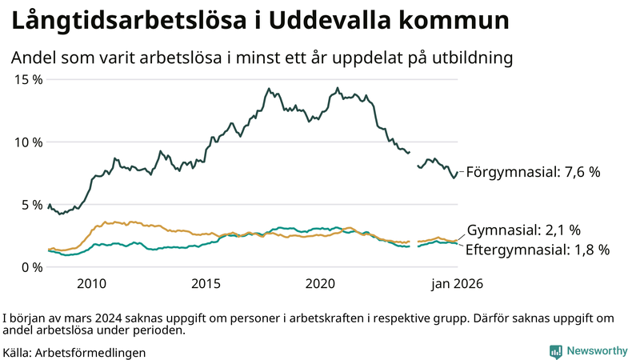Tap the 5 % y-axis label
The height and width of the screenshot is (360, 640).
click(31, 204)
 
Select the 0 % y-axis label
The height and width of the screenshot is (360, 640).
click(31, 266)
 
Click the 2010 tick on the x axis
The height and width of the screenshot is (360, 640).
click(91, 283)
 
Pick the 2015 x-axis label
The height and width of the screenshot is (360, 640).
click(206, 283)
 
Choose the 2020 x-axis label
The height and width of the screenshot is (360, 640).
click(320, 283)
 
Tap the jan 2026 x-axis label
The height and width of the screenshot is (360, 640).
click(457, 283)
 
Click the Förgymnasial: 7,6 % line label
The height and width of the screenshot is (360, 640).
click(533, 172)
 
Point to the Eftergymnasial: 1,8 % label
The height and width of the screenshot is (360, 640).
click(537, 250)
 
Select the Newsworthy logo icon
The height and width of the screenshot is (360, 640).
click(555, 351)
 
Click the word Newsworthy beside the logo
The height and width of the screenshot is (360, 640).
click(597, 351)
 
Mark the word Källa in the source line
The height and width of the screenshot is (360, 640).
click(17, 352)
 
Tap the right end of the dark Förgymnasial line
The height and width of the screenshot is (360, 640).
click(458, 172)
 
